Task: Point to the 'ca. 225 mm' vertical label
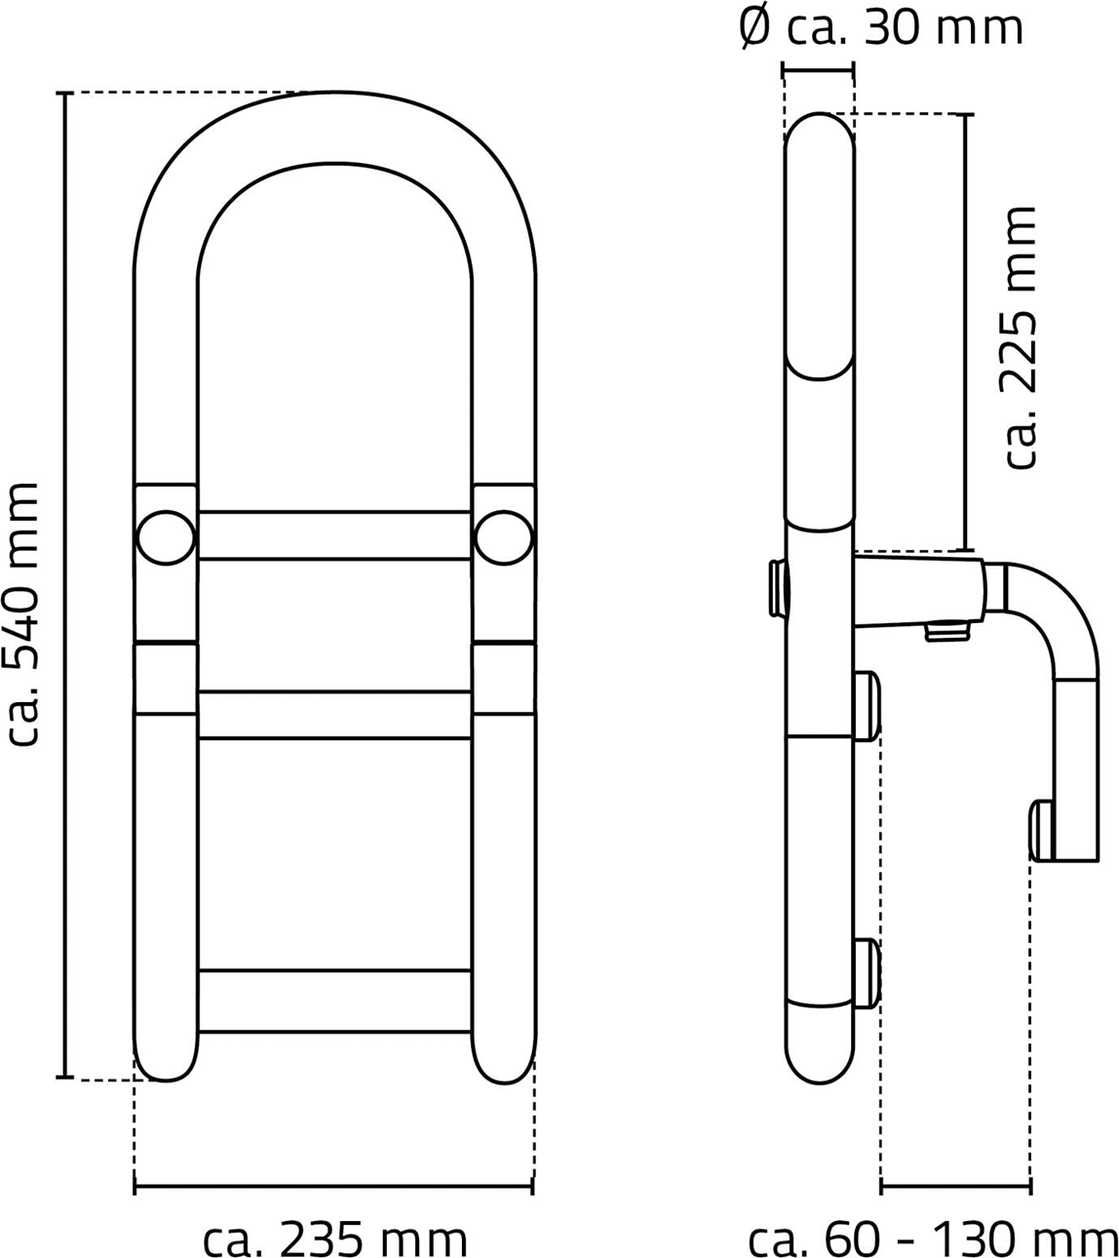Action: click(1019, 337)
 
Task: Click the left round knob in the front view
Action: click(166, 537)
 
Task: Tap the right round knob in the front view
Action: click(504, 537)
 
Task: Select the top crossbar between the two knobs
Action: click(335, 535)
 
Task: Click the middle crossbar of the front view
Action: click(335, 715)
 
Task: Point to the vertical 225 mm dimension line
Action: click(965, 333)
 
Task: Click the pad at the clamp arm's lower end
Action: click(1042, 831)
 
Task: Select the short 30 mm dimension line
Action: click(819, 71)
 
